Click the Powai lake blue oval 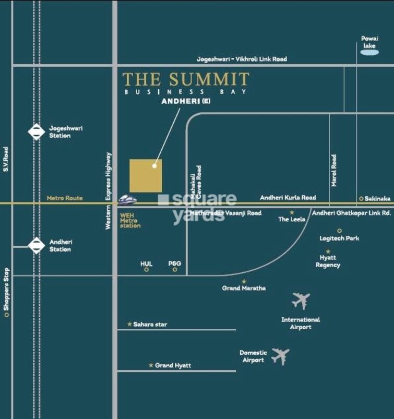click(369, 53)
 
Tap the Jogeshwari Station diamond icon click(36, 131)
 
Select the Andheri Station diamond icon click(36, 245)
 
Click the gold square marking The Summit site click(146, 176)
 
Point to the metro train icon click(127, 200)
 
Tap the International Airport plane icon click(301, 301)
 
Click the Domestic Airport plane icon click(280, 356)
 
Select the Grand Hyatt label click(173, 365)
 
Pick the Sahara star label click(150, 324)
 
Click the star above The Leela click(292, 212)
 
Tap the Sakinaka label click(377, 198)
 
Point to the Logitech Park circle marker click(339, 230)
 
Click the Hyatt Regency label click(328, 261)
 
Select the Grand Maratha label click(244, 288)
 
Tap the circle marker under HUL click(147, 270)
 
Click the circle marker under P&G click(175, 270)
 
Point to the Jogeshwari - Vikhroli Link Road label click(242, 59)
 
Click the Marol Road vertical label click(334, 170)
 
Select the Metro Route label click(65, 198)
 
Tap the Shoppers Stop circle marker click(6, 315)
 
